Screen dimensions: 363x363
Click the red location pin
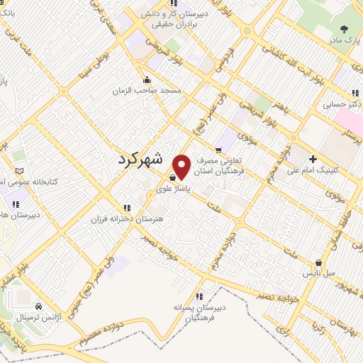(x=182, y=167)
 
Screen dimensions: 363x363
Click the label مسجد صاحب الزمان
(x=150, y=91)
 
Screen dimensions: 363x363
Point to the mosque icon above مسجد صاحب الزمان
(x=147, y=79)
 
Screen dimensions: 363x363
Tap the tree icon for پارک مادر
(x=344, y=30)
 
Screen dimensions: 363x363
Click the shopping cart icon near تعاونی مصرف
(x=218, y=150)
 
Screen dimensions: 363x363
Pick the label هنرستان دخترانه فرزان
(x=128, y=219)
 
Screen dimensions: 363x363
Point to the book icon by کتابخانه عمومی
(x=19, y=172)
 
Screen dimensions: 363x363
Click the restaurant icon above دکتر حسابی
(x=354, y=93)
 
